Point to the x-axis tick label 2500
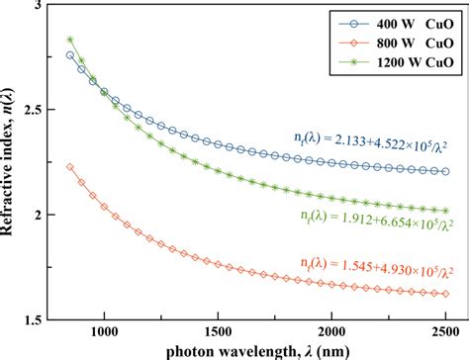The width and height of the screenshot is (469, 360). pyautogui.click(x=447, y=333)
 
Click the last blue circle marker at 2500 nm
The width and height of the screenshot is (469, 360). pyautogui.click(x=446, y=171)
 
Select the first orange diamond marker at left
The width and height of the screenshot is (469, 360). pyautogui.click(x=69, y=167)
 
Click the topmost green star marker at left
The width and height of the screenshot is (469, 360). pyautogui.click(x=70, y=40)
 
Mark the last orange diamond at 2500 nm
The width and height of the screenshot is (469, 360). pyautogui.click(x=446, y=293)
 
